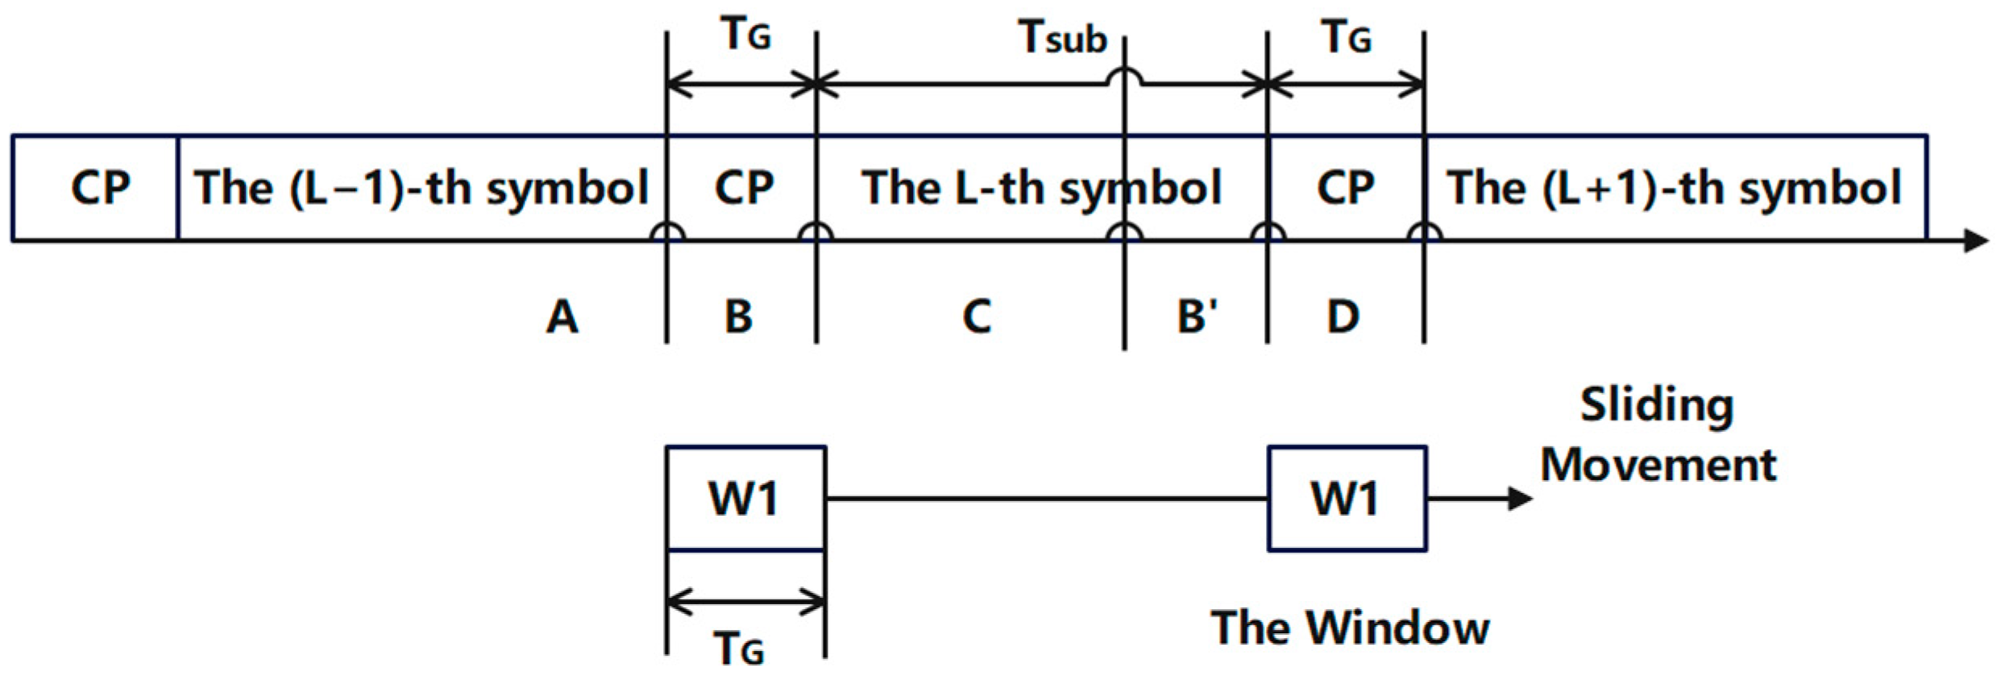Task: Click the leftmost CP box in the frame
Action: tap(95, 188)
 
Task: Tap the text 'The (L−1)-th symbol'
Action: tap(421, 188)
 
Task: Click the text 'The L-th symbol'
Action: tap(1041, 188)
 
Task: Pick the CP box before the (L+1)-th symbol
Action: tap(1345, 188)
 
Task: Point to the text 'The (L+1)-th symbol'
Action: tap(1674, 188)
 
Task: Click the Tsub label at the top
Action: tap(1062, 37)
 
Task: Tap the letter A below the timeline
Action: tap(562, 316)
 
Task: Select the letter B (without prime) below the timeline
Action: tap(738, 316)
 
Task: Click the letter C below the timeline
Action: tap(976, 316)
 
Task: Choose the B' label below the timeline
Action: tap(1197, 316)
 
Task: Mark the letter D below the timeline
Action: tap(1343, 316)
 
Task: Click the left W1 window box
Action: tap(745, 498)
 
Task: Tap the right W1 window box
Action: tap(1347, 498)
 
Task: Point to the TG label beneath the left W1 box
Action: tap(738, 649)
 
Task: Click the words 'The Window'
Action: tap(1350, 628)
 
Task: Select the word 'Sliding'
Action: tap(1656, 404)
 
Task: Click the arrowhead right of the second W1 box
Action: tap(1520, 499)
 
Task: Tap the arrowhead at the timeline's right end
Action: tap(1976, 240)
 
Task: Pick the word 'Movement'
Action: tap(1658, 465)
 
